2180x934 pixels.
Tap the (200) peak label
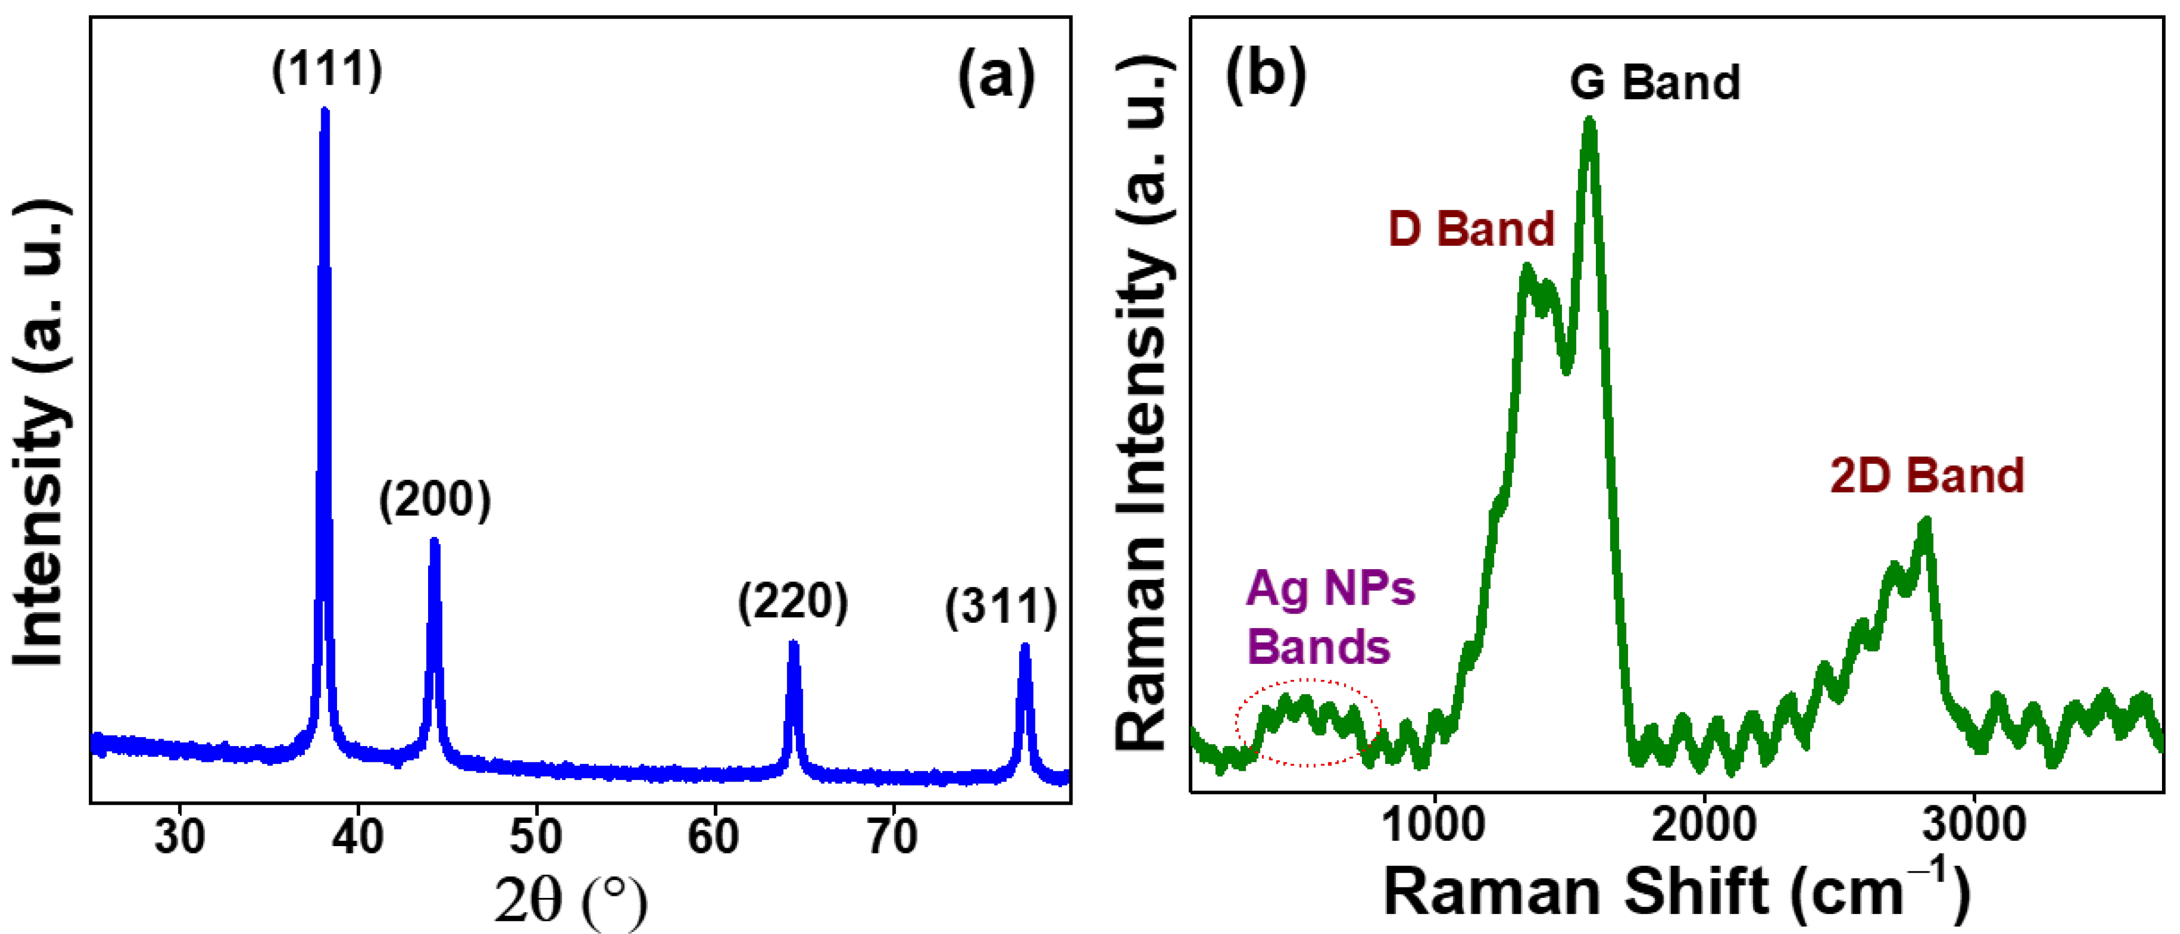tap(434, 500)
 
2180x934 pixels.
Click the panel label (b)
tap(1265, 75)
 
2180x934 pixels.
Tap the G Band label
tap(1655, 83)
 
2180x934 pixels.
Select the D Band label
tap(1471, 229)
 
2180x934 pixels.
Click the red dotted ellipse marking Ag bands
tap(1309, 722)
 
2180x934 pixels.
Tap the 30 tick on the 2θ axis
tap(179, 837)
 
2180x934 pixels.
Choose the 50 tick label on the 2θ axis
tap(535, 837)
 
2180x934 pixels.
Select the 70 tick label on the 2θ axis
tap(893, 837)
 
